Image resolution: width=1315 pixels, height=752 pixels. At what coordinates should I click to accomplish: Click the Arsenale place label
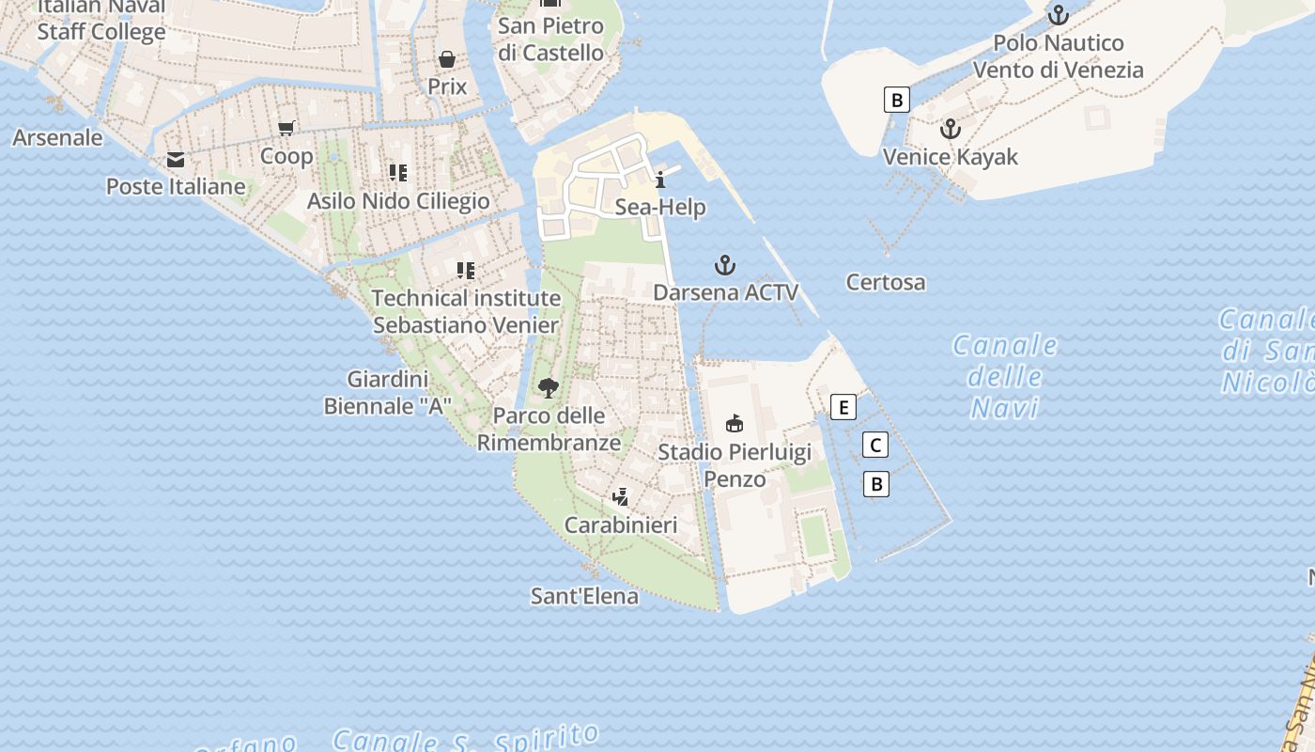[x=57, y=137]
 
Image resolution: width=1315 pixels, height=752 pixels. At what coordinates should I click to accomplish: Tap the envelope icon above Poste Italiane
[x=176, y=160]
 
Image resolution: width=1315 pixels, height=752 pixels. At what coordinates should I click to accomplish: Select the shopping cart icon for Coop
[x=286, y=128]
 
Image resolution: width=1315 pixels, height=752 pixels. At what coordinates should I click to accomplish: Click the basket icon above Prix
[x=447, y=59]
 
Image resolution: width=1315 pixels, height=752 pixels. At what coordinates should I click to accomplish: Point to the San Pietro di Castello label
[x=550, y=39]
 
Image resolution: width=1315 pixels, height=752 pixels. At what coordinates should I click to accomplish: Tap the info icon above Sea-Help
[x=660, y=180]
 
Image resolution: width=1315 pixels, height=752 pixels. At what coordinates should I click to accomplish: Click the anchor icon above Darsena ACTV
[x=724, y=264]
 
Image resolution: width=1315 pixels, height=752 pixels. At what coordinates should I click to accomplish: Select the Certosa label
[x=885, y=282]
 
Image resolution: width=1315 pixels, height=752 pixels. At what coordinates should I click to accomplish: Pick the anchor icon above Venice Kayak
[x=951, y=129]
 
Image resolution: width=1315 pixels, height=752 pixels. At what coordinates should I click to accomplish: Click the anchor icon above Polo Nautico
[x=1059, y=15]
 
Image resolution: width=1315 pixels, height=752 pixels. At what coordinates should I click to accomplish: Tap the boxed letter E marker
[x=843, y=407]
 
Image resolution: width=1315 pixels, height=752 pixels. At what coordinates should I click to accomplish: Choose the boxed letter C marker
[x=875, y=446]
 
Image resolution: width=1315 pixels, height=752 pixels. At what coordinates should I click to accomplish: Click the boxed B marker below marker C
[x=876, y=484]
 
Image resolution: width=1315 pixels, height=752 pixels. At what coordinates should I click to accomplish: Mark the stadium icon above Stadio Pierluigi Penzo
[x=735, y=424]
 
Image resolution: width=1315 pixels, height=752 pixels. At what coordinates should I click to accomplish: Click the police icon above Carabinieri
[x=620, y=497]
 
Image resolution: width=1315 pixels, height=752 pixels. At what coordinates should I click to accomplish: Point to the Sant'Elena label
[x=584, y=596]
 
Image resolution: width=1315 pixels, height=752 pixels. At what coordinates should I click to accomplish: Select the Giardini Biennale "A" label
[x=387, y=393]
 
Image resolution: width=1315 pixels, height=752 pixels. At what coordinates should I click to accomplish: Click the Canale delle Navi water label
[x=1005, y=376]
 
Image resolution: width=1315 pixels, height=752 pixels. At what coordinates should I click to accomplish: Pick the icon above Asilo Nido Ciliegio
[x=398, y=173]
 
